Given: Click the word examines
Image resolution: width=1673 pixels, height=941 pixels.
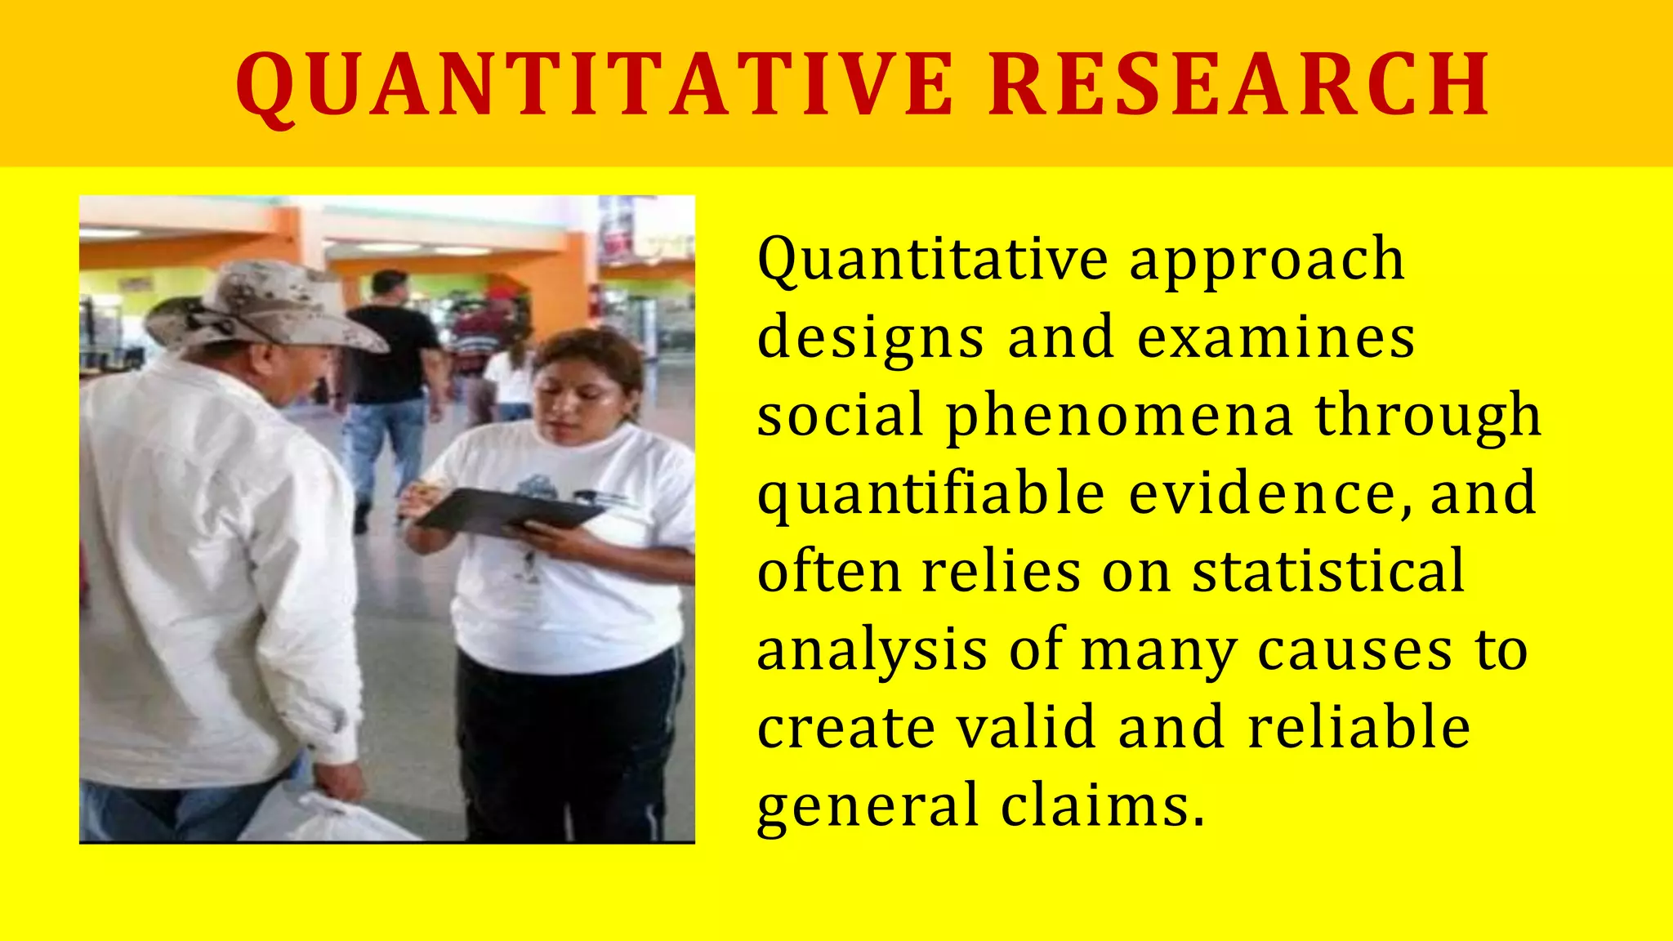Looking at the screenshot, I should point(1276,337).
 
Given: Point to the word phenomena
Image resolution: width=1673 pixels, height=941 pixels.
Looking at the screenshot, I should point(1119,417).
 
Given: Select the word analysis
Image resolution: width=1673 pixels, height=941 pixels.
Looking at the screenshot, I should point(872,651).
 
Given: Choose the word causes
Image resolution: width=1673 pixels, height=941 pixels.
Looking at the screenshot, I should point(1354,651).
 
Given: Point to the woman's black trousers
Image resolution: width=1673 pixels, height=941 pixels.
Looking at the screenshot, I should point(564,751).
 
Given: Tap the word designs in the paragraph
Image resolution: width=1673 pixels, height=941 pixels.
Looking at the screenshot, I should point(871,339).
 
